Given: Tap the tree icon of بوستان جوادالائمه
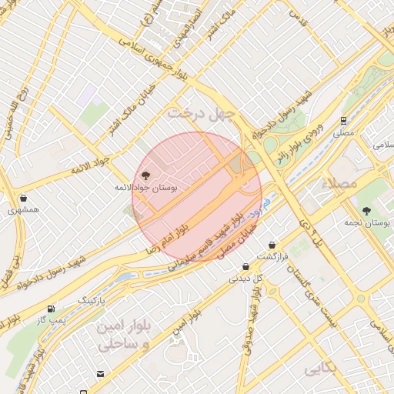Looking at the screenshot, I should coord(147,175).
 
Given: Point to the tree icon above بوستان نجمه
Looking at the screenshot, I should coord(366,210).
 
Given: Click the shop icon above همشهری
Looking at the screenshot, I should coord(23,198).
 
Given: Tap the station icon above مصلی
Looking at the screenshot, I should coord(342,120).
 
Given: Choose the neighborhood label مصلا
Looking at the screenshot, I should coord(343,185).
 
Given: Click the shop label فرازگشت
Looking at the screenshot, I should coord(272,256).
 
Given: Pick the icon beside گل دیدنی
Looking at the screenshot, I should coord(245,267).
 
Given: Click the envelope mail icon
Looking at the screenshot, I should coord(101,374).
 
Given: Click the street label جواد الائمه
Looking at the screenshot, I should coord(91,164).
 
